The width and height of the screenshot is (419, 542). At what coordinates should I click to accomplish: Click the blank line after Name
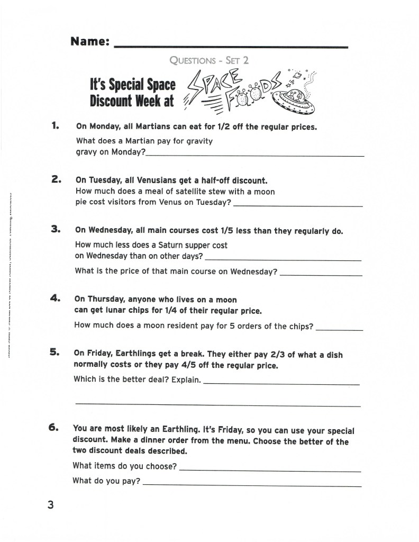click(x=231, y=47)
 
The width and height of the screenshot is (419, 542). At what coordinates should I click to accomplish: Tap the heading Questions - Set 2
click(x=209, y=60)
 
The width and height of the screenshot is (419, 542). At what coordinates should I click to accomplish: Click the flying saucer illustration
click(x=291, y=99)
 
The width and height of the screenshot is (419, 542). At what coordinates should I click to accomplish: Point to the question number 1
click(x=54, y=126)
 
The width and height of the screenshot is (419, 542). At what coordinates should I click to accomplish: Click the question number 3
click(x=56, y=229)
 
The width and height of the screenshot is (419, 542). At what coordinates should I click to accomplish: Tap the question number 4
click(x=56, y=299)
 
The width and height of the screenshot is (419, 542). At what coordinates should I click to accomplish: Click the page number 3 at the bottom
click(x=51, y=505)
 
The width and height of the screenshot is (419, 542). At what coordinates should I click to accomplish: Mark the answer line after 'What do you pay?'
click(x=252, y=485)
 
